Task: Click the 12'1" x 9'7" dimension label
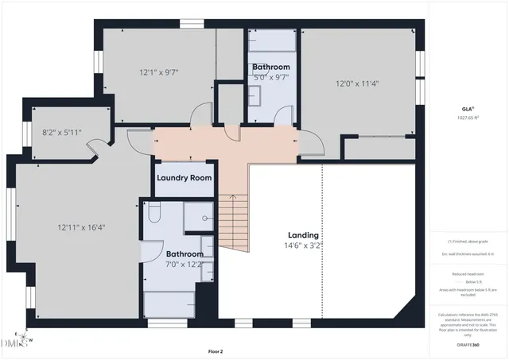coord(158,72)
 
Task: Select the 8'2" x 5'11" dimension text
coord(62,132)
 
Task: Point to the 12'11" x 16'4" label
coord(81,227)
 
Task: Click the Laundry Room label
coord(184,178)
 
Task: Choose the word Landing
coord(303,235)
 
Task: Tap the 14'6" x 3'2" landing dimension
coord(303,246)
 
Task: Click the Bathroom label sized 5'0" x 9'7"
coord(271,68)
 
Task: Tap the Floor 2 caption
coord(216,350)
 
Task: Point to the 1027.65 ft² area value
coord(468,118)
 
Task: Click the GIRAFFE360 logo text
coord(468,345)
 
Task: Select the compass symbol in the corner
coord(25,339)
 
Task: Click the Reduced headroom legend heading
coord(468,273)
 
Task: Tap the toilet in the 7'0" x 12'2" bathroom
coord(154,211)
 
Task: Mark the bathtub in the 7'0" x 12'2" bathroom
coord(170,303)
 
